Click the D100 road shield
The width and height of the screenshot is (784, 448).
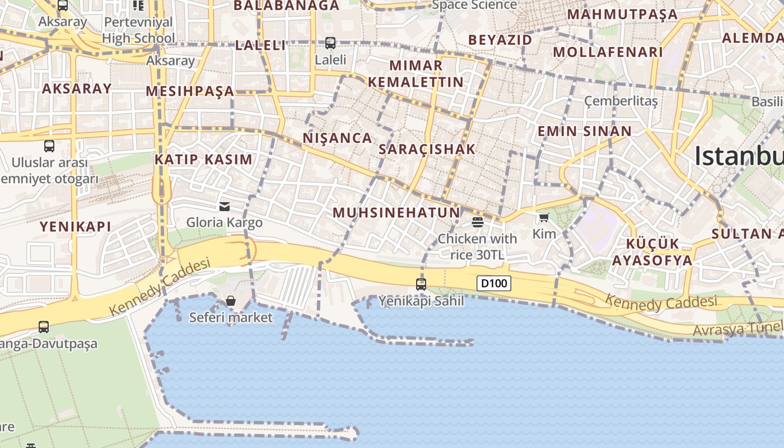(494, 283)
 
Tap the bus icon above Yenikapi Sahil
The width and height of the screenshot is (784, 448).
(421, 284)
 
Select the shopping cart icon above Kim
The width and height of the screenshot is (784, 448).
(544, 218)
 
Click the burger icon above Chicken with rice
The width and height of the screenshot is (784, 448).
(478, 222)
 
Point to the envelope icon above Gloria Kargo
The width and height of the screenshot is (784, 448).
(225, 207)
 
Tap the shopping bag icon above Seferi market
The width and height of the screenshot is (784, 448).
(231, 301)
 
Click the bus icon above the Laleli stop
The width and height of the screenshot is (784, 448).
(330, 43)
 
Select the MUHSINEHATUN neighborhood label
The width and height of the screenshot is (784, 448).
(396, 213)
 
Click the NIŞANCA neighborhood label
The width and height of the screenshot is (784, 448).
(337, 138)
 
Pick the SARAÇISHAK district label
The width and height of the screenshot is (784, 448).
(427, 149)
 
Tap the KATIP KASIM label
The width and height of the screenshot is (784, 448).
(203, 159)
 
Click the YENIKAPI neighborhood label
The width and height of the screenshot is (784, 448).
(75, 227)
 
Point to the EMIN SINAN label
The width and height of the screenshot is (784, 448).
(584, 132)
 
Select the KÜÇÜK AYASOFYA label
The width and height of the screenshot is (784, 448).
(652, 252)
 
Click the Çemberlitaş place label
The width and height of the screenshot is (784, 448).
(620, 101)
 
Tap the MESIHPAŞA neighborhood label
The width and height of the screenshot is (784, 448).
(190, 91)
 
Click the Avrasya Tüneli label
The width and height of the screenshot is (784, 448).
(737, 329)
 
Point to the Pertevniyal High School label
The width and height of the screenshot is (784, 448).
(138, 30)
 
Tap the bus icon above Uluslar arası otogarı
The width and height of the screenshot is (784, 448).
(49, 146)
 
